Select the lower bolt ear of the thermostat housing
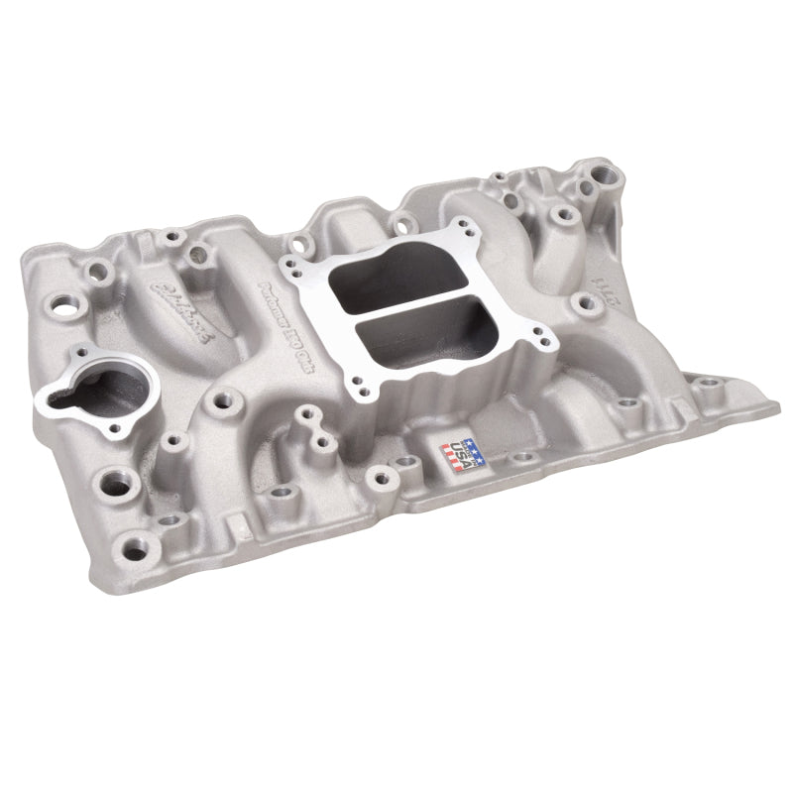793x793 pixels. click(52, 401)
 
